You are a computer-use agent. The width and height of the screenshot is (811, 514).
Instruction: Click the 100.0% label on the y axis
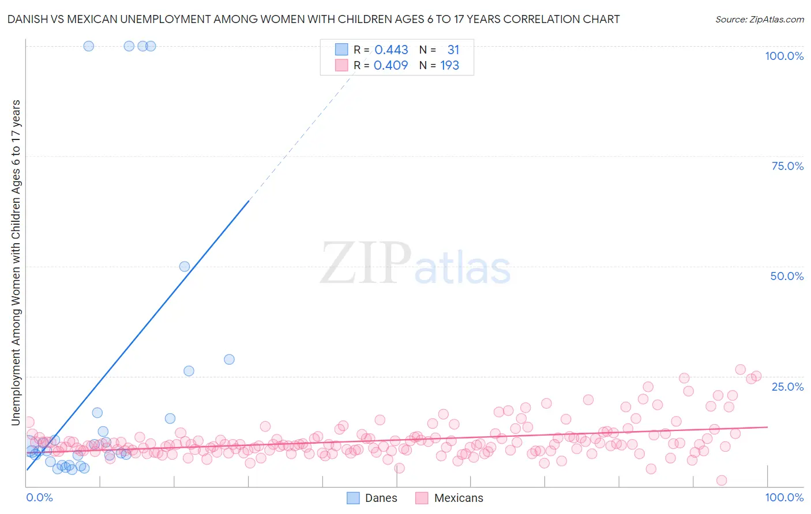coord(784,56)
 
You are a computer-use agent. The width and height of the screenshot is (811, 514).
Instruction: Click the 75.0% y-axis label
coord(787,166)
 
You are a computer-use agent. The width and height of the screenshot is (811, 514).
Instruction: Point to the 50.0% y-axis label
coord(787,276)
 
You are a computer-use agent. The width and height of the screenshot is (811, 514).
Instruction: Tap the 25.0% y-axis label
coord(787,386)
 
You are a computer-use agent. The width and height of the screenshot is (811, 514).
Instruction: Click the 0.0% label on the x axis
coord(39,497)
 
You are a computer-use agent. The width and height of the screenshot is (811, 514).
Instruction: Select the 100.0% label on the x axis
coord(784,497)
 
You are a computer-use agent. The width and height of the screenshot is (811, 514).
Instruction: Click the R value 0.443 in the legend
coord(391,50)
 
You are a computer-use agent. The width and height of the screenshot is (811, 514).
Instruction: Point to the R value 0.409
coord(391,65)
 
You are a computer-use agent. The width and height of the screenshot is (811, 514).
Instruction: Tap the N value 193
coord(449,65)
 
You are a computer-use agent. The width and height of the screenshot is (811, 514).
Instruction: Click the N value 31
coord(453,50)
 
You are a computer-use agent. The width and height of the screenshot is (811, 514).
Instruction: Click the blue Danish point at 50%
coord(185,266)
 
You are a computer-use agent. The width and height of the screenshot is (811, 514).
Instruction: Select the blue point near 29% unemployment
coord(229,360)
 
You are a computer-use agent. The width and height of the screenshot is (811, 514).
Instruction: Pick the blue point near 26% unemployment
coord(189,371)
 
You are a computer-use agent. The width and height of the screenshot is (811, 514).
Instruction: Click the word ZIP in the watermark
coord(366,263)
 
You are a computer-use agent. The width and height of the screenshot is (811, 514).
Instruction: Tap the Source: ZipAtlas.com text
coord(759,19)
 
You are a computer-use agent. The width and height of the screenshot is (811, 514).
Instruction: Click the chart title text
coord(313,19)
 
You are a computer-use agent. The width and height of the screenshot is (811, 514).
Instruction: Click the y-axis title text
coord(16,262)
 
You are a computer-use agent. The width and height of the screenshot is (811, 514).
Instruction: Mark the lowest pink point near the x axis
coord(721,481)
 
